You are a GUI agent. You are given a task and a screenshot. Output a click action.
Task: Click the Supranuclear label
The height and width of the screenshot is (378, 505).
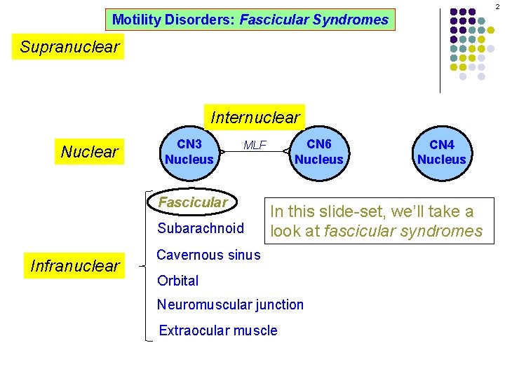pyautogui.click(x=70, y=48)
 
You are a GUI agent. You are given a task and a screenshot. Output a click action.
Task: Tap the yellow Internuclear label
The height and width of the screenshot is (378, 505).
pyautogui.click(x=255, y=117)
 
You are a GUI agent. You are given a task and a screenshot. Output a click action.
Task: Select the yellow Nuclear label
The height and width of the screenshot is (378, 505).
pyautogui.click(x=90, y=151)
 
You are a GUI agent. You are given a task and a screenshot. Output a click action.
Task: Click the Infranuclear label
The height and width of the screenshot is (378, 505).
pyautogui.click(x=75, y=265)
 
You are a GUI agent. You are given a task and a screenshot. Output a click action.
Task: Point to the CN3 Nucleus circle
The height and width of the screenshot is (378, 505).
pyautogui.click(x=189, y=151)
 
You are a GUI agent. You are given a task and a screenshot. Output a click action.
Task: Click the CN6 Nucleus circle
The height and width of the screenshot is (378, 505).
pyautogui.click(x=319, y=151)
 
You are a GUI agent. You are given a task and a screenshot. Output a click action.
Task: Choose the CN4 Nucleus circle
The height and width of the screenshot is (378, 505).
pyautogui.click(x=441, y=152)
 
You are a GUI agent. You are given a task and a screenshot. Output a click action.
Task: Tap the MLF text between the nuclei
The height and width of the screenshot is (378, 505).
pyautogui.click(x=255, y=146)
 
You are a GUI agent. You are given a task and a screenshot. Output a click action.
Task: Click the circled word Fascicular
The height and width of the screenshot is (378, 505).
pyautogui.click(x=194, y=202)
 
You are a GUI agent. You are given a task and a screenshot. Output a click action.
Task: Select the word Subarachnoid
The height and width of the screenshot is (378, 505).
pyautogui.click(x=201, y=228)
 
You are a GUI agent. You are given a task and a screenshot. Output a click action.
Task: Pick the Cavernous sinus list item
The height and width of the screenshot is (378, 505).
pyautogui.click(x=208, y=255)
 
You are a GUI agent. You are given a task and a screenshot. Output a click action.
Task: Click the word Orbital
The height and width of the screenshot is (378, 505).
pyautogui.click(x=178, y=281)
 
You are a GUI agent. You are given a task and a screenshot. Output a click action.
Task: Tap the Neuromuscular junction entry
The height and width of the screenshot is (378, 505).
pyautogui.click(x=231, y=304)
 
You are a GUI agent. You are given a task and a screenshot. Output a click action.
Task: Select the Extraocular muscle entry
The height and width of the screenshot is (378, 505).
pyautogui.click(x=218, y=330)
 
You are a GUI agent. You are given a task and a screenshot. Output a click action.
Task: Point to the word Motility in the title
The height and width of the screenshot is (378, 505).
pyautogui.click(x=135, y=20)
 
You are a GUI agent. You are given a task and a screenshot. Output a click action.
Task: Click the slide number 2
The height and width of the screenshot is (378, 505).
pyautogui.click(x=497, y=6)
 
